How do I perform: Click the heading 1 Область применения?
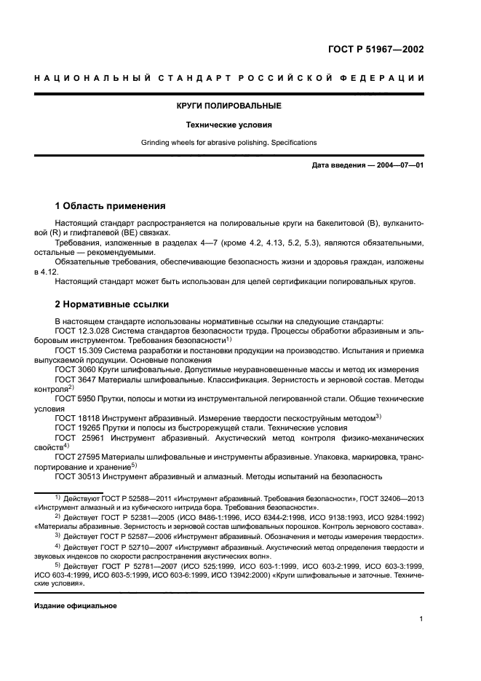click(x=111, y=205)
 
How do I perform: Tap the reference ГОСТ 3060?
click(x=76, y=370)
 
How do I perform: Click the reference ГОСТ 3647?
click(x=76, y=379)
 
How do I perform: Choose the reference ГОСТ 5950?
click(x=76, y=399)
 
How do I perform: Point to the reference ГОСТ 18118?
click(x=78, y=418)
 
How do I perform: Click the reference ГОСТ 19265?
click(x=78, y=428)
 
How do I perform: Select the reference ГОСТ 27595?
click(x=78, y=457)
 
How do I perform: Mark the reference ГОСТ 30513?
click(x=78, y=476)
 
